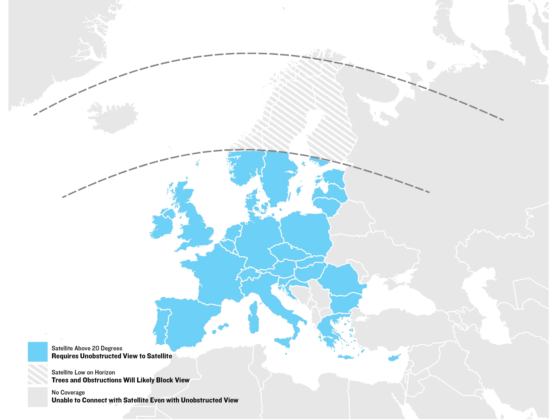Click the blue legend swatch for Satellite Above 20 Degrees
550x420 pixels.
click(x=38, y=352)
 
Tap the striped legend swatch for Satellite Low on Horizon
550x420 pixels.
click(x=38, y=375)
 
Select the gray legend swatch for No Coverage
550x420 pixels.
click(x=38, y=397)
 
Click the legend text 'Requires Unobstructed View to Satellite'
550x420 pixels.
click(x=112, y=356)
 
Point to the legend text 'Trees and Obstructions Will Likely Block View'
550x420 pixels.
click(x=120, y=380)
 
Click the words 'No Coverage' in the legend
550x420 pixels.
click(x=68, y=393)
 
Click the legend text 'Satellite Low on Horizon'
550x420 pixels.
click(x=83, y=372)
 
